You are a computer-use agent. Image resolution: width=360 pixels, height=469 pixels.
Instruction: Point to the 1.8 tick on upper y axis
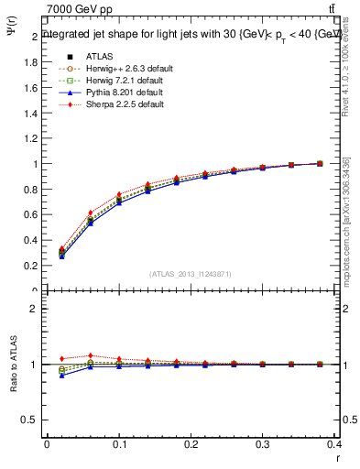pyautogui.click(x=32, y=62)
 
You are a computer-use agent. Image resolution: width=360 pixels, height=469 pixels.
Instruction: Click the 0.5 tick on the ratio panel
pyautogui.click(x=30, y=420)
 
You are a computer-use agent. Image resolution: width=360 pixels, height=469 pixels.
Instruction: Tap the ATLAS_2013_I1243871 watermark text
pyautogui.click(x=189, y=274)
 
